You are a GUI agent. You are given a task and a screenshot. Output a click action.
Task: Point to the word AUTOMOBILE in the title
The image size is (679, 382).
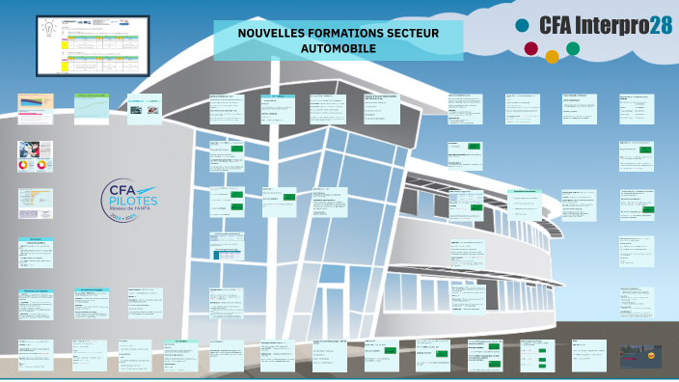pos(339,48)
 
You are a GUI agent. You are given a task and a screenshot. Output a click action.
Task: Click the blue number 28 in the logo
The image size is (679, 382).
pos(661,25)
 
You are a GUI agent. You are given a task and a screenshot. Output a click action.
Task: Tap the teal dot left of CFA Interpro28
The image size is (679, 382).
pos(522,25)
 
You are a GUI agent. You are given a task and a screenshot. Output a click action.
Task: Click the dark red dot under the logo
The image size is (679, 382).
pos(530,48)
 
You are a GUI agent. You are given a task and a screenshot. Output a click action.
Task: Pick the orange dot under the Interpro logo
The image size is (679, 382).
pos(552,56)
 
